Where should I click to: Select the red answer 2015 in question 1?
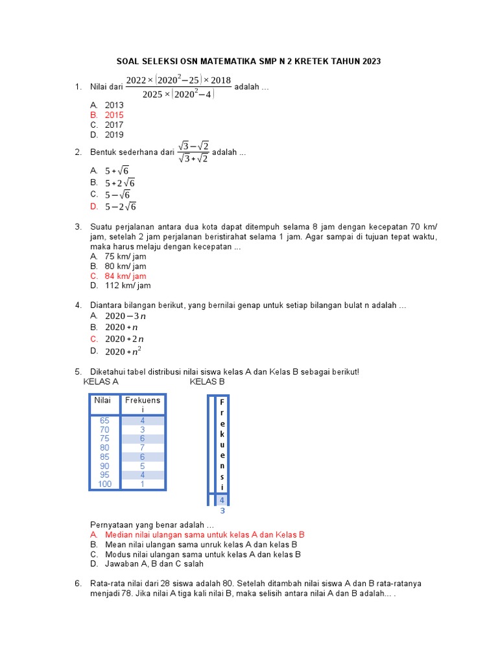click(x=114, y=115)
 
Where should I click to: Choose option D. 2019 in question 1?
click(x=114, y=135)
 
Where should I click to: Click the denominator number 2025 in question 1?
click(x=152, y=94)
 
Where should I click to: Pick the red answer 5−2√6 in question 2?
click(x=121, y=207)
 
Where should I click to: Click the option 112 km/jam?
click(x=127, y=285)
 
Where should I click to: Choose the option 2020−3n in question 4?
click(x=125, y=316)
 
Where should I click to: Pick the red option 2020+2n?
click(x=124, y=338)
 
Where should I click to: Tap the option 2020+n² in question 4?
click(x=123, y=351)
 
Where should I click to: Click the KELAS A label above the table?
click(x=101, y=382)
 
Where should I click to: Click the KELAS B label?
click(x=207, y=382)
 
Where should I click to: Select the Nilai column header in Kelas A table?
click(x=103, y=400)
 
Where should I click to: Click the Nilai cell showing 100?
click(x=104, y=484)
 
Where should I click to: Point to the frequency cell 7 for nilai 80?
click(x=142, y=447)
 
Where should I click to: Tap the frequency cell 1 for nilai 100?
click(x=142, y=484)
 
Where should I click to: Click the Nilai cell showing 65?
click(x=104, y=420)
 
